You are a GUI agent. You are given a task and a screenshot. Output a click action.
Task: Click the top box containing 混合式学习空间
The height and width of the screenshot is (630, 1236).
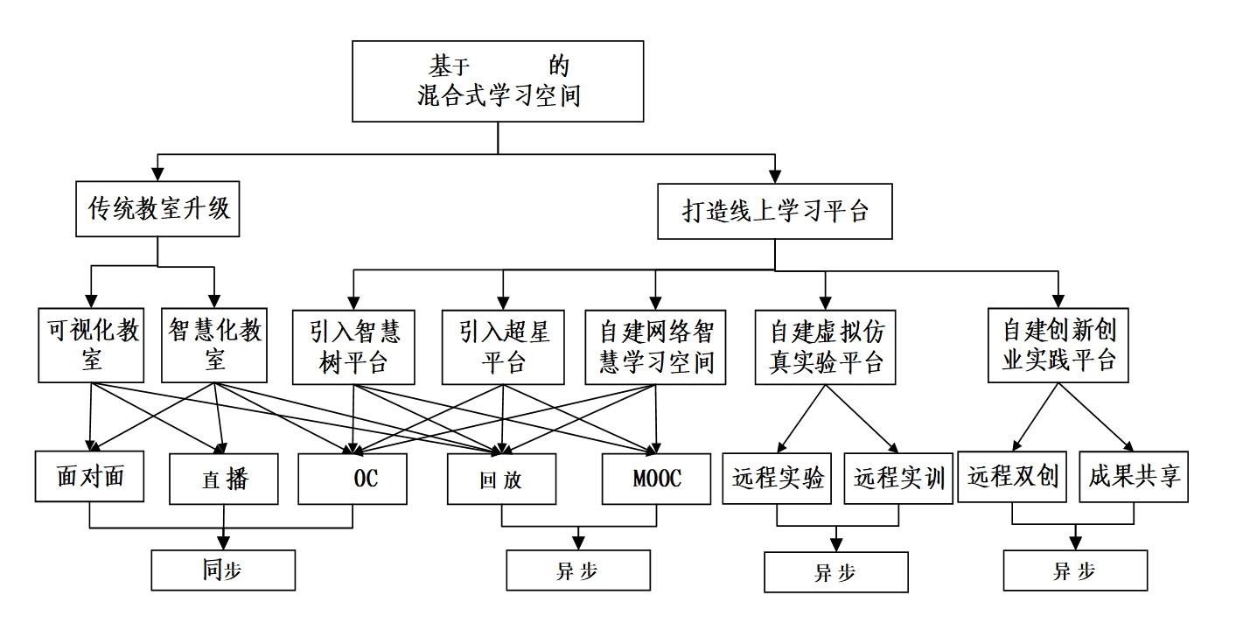(499, 80)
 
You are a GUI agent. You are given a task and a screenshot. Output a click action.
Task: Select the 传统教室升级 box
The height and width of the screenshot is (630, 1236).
(158, 208)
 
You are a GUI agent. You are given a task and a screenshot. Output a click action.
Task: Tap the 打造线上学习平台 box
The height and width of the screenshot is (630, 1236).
(775, 211)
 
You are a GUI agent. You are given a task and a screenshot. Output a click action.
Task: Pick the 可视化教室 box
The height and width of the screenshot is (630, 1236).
(91, 346)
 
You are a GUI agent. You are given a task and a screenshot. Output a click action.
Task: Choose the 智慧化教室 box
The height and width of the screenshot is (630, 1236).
(215, 346)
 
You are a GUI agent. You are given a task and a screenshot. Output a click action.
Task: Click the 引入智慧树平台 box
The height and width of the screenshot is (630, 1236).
(353, 347)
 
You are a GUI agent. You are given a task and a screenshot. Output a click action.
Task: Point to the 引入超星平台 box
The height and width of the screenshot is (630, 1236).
(503, 347)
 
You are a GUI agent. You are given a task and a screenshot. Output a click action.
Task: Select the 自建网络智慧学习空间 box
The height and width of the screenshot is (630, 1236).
(656, 347)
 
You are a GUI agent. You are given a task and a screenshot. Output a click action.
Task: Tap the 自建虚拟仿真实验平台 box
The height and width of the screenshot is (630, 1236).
(826, 347)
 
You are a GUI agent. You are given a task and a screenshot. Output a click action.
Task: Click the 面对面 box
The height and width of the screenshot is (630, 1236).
(90, 477)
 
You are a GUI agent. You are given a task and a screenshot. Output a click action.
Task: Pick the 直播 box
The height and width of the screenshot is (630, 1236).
(224, 479)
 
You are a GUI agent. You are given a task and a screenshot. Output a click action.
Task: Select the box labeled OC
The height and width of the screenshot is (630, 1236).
(353, 479)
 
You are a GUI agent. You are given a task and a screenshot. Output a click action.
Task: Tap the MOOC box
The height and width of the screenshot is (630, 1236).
(657, 479)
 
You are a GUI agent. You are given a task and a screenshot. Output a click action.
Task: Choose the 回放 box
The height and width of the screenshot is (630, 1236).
(501, 479)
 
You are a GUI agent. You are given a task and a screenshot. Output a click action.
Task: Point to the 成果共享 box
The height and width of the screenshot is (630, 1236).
(1134, 477)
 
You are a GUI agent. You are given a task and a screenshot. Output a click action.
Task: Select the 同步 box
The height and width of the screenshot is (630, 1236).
(223, 570)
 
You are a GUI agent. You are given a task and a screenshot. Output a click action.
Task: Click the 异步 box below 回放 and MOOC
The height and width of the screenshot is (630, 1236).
(578, 570)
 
